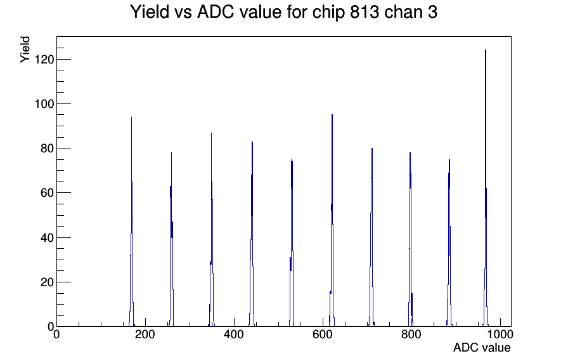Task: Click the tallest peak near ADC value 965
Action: coord(486,188)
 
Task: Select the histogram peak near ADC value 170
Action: coord(131,221)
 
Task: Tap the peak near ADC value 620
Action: coord(332,221)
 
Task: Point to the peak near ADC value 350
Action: coord(212,228)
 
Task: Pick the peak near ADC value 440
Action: coord(252,234)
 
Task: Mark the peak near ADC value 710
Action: coord(371,237)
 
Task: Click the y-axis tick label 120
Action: coord(44,59)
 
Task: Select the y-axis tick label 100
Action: coord(44,104)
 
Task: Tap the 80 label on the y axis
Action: coord(48,148)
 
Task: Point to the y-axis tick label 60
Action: coord(48,193)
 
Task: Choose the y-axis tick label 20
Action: coord(48,282)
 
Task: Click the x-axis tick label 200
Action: coord(145,334)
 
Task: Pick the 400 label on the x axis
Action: coord(234,334)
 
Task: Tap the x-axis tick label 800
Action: coord(411,334)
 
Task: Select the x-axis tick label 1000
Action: coord(500,334)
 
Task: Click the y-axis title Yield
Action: coord(25,49)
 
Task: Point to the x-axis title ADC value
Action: coord(482,348)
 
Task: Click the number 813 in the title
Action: coord(365,12)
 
